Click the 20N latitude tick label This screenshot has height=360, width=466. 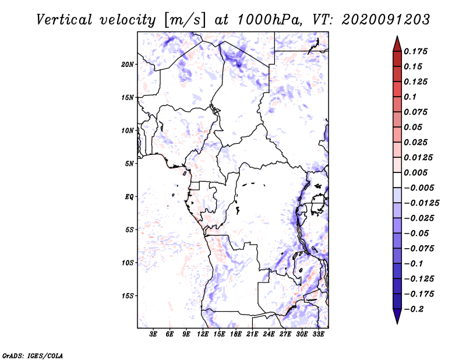128,64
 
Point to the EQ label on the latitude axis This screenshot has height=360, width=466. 129,197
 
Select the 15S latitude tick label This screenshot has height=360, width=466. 128,296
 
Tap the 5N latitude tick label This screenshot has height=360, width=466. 129,164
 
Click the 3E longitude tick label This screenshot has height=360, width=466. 153,334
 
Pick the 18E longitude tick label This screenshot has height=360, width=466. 235,334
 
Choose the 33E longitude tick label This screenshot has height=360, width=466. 318,334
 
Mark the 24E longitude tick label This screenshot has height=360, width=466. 269,334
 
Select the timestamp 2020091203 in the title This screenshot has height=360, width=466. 387,19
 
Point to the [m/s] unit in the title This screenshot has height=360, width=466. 184,19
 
